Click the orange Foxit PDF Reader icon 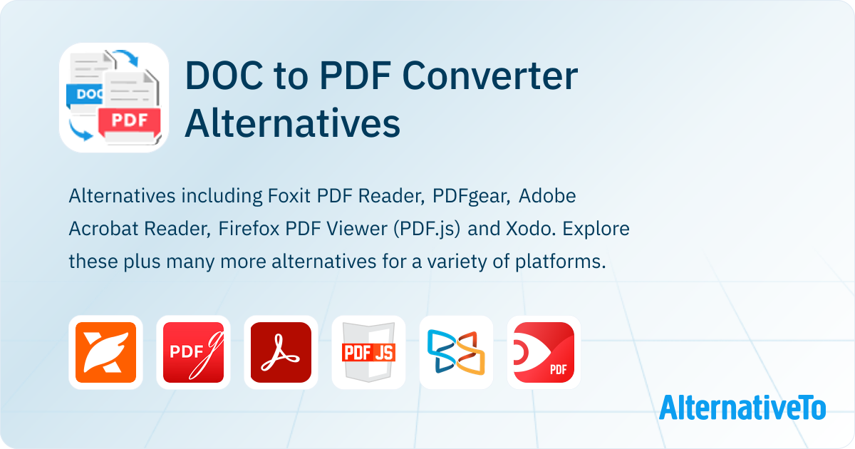click(x=105, y=352)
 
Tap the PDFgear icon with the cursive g click(x=193, y=352)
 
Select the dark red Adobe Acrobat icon click(x=281, y=352)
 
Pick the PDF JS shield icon click(x=369, y=352)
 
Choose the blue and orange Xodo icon click(x=456, y=352)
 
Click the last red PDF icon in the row click(x=544, y=352)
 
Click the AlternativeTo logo click(x=742, y=408)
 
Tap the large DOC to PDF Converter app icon click(x=114, y=98)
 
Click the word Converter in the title click(x=489, y=76)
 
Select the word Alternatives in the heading click(x=292, y=123)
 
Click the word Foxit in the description click(x=289, y=196)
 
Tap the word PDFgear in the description click(x=471, y=197)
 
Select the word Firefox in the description click(x=249, y=229)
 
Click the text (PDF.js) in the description click(x=427, y=229)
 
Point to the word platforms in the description click(x=560, y=262)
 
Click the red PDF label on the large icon click(x=130, y=120)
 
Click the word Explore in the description click(x=596, y=229)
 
